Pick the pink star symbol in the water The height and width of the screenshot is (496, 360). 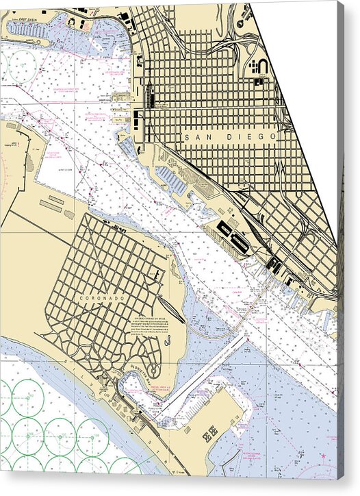coord(324,455)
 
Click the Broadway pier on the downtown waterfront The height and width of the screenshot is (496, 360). coord(124,97)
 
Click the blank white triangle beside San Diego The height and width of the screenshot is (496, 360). coord(301,82)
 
